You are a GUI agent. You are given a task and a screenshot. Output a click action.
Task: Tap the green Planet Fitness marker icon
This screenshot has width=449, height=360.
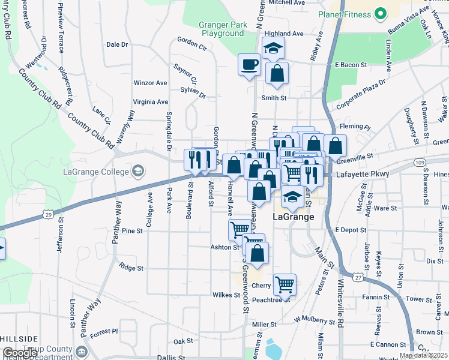[379, 13]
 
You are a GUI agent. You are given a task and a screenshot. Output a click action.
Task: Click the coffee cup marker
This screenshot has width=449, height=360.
[249, 64]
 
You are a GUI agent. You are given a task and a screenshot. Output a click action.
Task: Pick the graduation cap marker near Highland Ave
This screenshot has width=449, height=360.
[273, 48]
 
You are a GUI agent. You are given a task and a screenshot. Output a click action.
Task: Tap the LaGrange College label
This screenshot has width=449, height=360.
[96, 172]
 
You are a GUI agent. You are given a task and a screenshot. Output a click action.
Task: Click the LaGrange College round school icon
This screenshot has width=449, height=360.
[139, 172]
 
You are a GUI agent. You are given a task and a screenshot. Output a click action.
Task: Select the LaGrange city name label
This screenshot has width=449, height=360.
[294, 217]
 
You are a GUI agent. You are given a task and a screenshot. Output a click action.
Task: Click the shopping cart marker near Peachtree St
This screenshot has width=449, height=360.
[285, 284]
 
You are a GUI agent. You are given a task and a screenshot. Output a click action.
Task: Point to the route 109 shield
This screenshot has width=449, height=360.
[420, 163]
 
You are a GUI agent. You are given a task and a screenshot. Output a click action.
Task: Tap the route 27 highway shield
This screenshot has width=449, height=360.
[358, 277]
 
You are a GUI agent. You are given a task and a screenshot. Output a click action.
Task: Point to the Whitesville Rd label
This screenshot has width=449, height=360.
[340, 313]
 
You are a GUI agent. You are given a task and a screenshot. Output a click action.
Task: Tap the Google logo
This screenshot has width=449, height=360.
[20, 353]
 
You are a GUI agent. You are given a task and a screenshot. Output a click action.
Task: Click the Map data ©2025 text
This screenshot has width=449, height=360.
[423, 355]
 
